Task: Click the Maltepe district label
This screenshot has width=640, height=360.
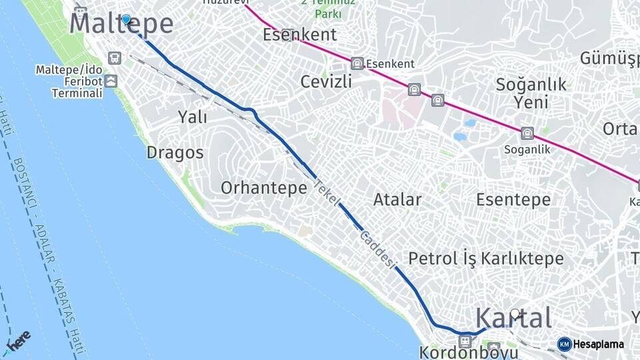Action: (121, 24)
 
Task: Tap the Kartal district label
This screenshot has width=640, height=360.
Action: (513, 319)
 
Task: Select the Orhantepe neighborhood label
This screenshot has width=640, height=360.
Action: (263, 188)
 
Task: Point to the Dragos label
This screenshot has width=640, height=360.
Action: (175, 153)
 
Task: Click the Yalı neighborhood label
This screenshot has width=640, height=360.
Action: (192, 117)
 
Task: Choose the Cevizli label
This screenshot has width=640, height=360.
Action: (326, 81)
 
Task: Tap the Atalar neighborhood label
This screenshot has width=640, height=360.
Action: (397, 199)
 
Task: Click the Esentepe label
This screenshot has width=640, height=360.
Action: (513, 199)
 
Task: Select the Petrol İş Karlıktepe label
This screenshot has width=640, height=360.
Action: (486, 259)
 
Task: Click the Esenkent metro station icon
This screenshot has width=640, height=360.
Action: (357, 63)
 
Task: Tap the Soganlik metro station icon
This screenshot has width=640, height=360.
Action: (527, 133)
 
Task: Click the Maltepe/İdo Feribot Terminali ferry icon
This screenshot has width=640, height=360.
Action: (111, 81)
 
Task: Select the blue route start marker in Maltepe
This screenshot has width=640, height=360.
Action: (126, 19)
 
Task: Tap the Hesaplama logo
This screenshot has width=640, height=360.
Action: (591, 344)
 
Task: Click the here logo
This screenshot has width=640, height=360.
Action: (18, 341)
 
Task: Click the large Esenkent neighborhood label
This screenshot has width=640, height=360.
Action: (299, 35)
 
